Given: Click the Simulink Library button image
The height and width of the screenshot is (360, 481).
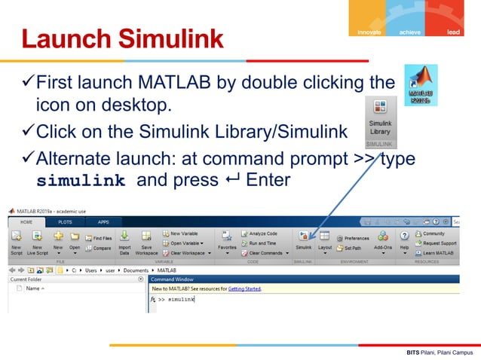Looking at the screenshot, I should (380, 121).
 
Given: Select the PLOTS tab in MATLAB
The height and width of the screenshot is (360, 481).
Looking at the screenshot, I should (66, 222).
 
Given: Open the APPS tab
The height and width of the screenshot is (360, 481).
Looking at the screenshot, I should (103, 222).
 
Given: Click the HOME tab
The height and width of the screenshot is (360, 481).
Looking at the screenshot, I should (26, 222).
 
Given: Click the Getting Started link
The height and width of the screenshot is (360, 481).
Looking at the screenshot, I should (244, 288).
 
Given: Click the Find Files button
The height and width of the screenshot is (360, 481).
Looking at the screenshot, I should (99, 238).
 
